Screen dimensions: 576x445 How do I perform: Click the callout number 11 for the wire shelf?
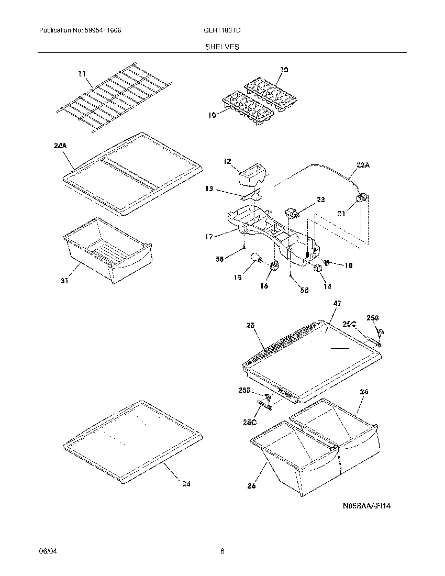[x=82, y=74]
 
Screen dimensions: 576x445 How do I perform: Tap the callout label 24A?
[x=60, y=147]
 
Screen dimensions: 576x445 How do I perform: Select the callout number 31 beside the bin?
[x=64, y=281]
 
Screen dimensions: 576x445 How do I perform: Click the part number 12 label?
[x=227, y=162]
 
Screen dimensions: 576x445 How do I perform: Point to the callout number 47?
[x=337, y=303]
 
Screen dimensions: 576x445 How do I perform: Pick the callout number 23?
[x=321, y=200]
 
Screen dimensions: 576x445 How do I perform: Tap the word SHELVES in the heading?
[x=222, y=47]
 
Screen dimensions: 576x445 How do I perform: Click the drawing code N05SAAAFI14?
[x=367, y=506]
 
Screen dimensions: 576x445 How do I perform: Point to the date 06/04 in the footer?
[x=47, y=551]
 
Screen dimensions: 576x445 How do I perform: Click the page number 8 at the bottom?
[x=222, y=551]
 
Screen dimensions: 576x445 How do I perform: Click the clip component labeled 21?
[x=361, y=198]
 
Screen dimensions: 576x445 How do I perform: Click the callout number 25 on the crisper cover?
[x=250, y=326]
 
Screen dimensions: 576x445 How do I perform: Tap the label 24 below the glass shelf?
[x=186, y=484]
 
